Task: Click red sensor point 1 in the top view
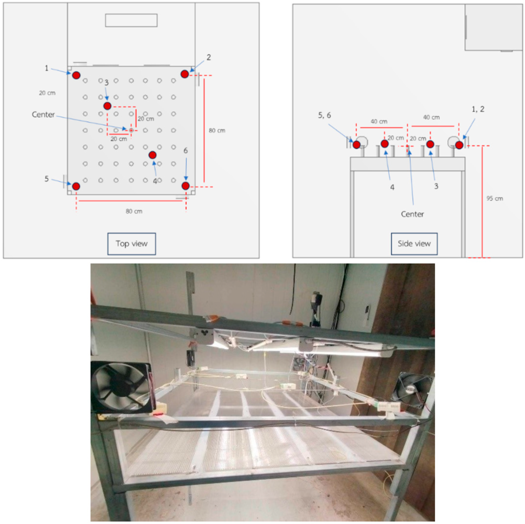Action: [76, 75]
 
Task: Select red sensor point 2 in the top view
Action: [185, 74]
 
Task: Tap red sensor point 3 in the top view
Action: [107, 106]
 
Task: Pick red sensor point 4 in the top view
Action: [152, 155]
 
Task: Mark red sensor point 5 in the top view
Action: [76, 186]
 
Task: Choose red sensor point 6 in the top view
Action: [185, 186]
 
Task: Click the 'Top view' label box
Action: [132, 244]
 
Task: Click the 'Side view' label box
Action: [414, 244]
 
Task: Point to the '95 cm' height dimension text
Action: [495, 199]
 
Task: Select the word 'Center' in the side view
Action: [412, 214]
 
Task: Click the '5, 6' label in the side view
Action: [324, 115]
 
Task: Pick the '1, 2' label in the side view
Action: [478, 109]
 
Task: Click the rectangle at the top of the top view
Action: [131, 20]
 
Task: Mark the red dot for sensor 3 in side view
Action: [430, 144]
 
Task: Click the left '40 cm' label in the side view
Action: [379, 121]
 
